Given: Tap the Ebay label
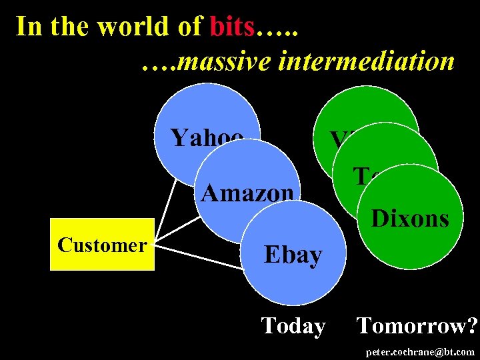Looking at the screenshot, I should [x=293, y=254].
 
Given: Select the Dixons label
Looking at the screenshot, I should [x=409, y=218].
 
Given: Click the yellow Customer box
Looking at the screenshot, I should [x=102, y=245].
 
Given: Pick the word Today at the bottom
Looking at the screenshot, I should [x=293, y=325].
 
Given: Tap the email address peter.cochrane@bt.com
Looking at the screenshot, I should [x=421, y=351].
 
